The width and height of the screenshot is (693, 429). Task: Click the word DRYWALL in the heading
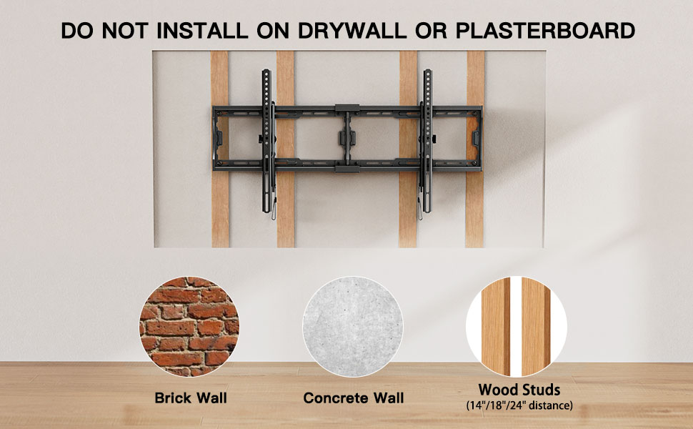tap(352, 31)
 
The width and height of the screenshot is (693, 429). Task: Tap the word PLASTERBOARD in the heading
tap(545, 31)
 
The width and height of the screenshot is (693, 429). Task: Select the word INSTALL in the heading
tap(202, 31)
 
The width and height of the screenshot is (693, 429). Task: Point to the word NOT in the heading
tap(125, 31)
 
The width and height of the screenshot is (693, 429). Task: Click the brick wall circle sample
tap(189, 327)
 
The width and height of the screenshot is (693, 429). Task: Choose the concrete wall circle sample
tap(353, 327)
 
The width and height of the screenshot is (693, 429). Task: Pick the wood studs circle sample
tap(517, 327)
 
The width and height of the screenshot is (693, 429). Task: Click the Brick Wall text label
tap(191, 398)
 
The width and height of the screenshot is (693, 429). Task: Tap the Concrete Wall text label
tap(354, 398)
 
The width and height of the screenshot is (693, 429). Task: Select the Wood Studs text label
tap(519, 390)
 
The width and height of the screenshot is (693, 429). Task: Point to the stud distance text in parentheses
tap(519, 405)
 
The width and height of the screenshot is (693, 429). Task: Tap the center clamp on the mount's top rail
tap(347, 108)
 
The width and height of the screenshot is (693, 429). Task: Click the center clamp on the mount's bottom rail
tap(347, 169)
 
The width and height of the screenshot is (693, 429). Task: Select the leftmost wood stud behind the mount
tap(220, 149)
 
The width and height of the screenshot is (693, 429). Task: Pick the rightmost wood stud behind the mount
tap(476, 149)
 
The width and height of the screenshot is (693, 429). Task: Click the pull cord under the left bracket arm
tap(274, 208)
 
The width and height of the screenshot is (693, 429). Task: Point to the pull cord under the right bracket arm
tap(419, 208)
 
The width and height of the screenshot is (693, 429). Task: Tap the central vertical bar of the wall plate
tap(347, 138)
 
